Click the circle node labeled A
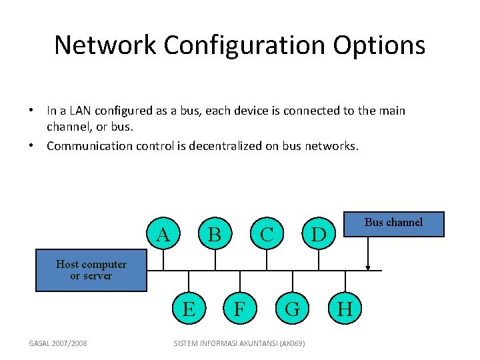click(163, 233)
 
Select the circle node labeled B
click(215, 233)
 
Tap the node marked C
click(267, 233)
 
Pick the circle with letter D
click(319, 233)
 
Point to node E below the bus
click(189, 308)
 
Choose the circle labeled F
click(240, 308)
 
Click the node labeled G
click(293, 308)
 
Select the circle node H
click(345, 308)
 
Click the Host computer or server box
click(91, 270)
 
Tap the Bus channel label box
click(394, 224)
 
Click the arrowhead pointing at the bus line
click(367, 268)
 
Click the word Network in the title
click(105, 45)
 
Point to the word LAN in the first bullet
click(80, 111)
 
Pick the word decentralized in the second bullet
click(225, 146)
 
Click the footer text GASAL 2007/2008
click(58, 343)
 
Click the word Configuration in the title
click(244, 46)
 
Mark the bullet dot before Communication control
click(31, 145)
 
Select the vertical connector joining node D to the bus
click(319, 260)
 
